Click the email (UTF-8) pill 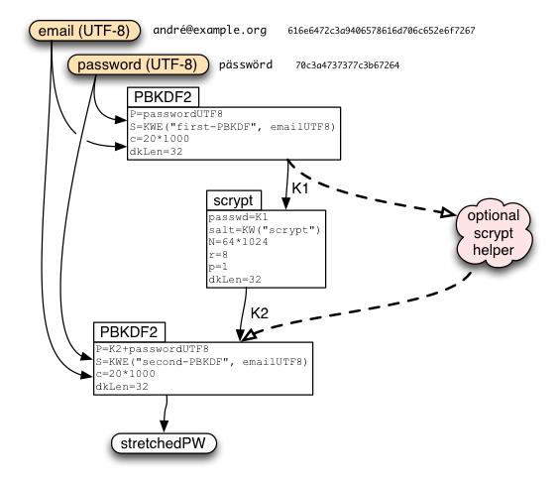(84, 31)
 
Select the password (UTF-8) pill (138, 64)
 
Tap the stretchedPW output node (164, 443)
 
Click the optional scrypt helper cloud (494, 233)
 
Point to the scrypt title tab (234, 200)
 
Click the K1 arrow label (300, 188)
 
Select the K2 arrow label (260, 313)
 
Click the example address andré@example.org (210, 30)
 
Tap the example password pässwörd (246, 64)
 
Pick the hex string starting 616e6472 (382, 31)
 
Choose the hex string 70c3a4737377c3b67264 (347, 65)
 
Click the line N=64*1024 (238, 242)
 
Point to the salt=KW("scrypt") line (265, 230)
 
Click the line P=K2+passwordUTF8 (153, 349)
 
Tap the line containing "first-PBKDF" (233, 127)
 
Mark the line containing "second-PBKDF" (201, 362)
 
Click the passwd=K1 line (238, 217)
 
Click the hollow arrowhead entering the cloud (448, 212)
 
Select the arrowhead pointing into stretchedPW (164, 425)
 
